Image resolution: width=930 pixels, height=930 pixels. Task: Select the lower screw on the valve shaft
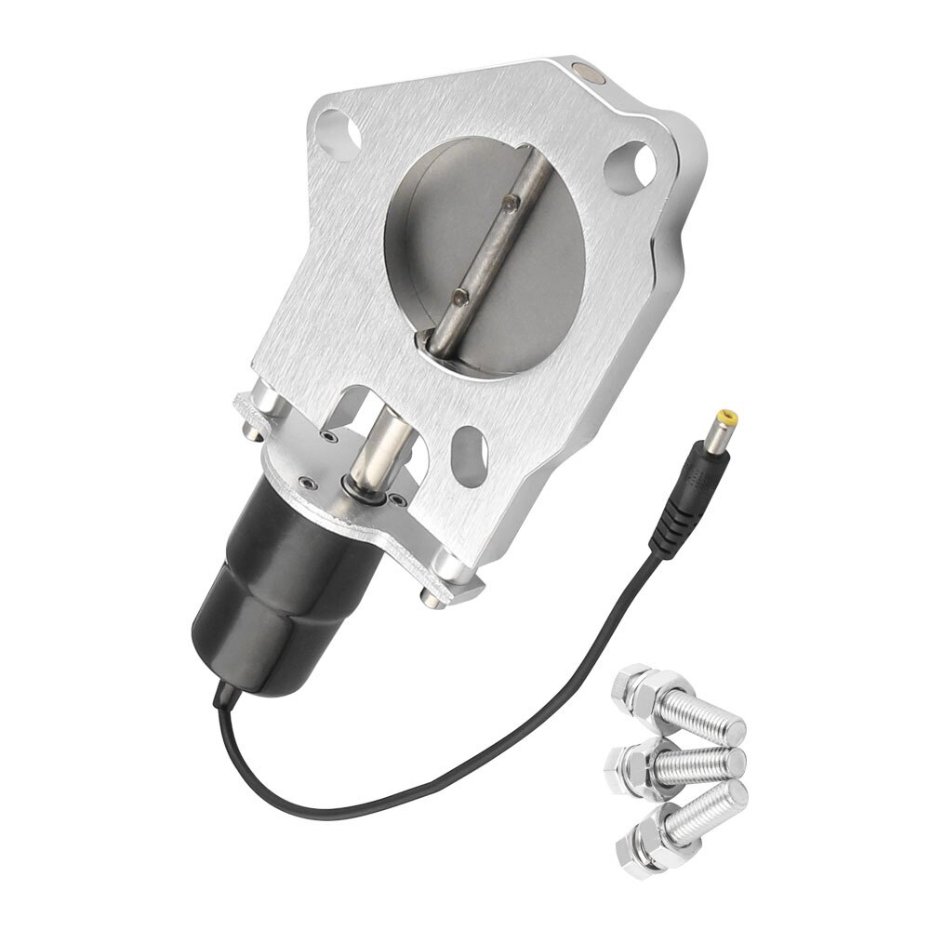click(x=458, y=296)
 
